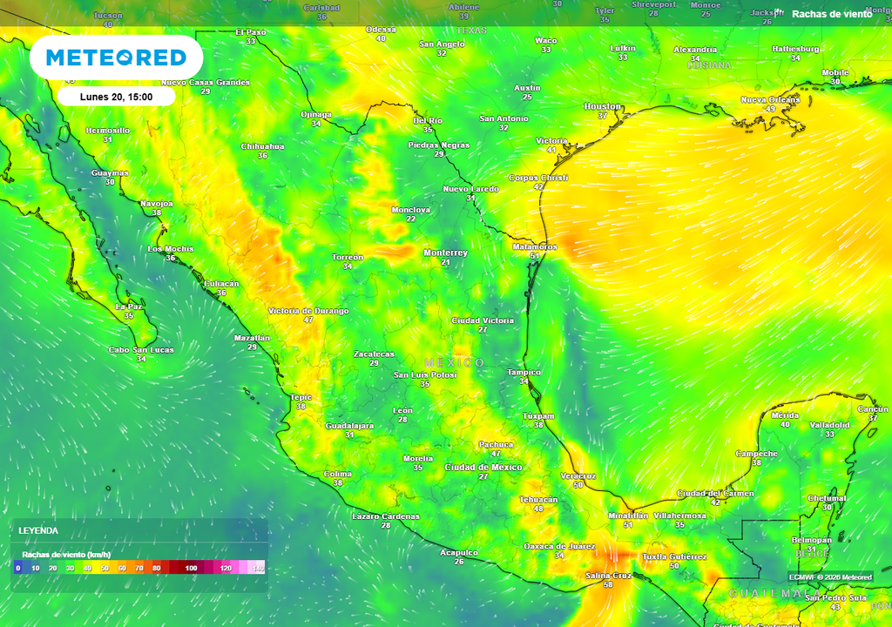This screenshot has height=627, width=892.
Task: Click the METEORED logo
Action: pos(116,57)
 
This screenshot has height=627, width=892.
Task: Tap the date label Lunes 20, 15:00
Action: pos(116,97)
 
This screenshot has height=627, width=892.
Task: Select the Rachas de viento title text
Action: pos(831,14)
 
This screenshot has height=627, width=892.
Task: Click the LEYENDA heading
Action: pos(39,530)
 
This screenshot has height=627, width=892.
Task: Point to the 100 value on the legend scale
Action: pos(191,568)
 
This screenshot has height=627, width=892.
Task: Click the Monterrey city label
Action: pos(445,253)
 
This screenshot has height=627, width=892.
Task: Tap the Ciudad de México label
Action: pos(483,468)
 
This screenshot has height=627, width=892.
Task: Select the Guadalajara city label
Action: pos(349,426)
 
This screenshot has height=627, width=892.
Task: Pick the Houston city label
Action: pos(602,106)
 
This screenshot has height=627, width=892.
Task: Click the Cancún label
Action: pos(873,409)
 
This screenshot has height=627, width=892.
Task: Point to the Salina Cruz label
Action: pos(608,576)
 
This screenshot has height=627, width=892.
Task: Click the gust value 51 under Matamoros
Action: pos(534,256)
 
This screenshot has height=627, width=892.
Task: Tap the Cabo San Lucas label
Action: pos(141,350)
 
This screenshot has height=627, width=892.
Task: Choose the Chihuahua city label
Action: pos(262,146)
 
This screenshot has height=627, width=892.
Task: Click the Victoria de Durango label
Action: pos(308,311)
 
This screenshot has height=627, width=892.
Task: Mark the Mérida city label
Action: pos(785,415)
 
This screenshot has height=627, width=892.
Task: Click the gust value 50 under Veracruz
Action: pos(578,485)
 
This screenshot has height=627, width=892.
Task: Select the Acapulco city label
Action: pos(458,553)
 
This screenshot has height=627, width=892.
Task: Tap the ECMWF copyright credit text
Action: pos(830,576)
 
